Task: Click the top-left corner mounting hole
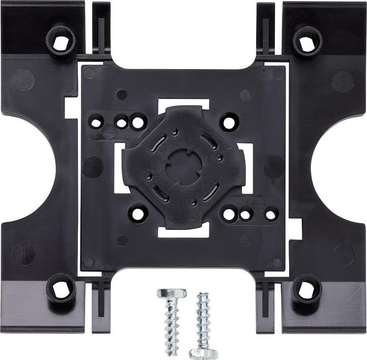61,42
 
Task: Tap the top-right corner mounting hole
305,42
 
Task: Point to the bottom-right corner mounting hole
304,288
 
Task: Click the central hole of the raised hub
183,165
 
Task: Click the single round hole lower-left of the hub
136,214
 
